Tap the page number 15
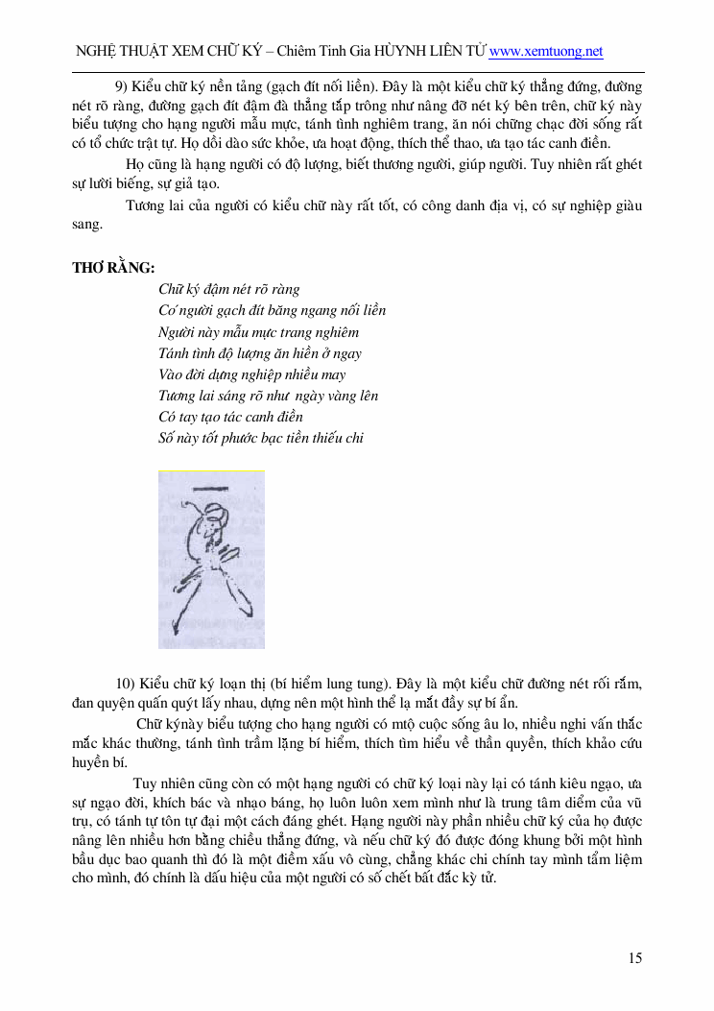coord(635,957)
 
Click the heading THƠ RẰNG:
coord(113,267)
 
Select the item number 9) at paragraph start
coord(122,85)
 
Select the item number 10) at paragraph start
coord(126,684)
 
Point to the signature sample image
coord(211,559)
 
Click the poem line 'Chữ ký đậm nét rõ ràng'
coord(229,289)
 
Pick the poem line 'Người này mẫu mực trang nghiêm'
coord(258,332)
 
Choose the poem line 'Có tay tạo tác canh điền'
coord(230,417)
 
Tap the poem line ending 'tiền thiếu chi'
coord(261,438)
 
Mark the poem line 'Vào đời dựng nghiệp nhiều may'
coord(252,374)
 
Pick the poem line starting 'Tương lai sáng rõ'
coord(268,396)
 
